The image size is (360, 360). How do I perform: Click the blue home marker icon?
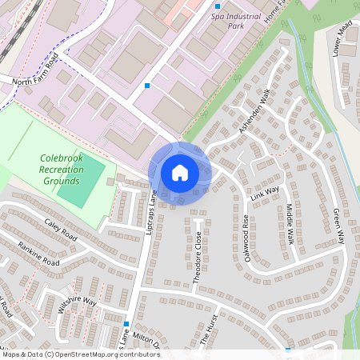(x=179, y=172)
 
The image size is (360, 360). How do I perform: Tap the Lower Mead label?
(x=342, y=39)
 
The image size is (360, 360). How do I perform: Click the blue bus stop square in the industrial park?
(x=147, y=85)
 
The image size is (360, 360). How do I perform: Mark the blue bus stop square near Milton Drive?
(x=126, y=324)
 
